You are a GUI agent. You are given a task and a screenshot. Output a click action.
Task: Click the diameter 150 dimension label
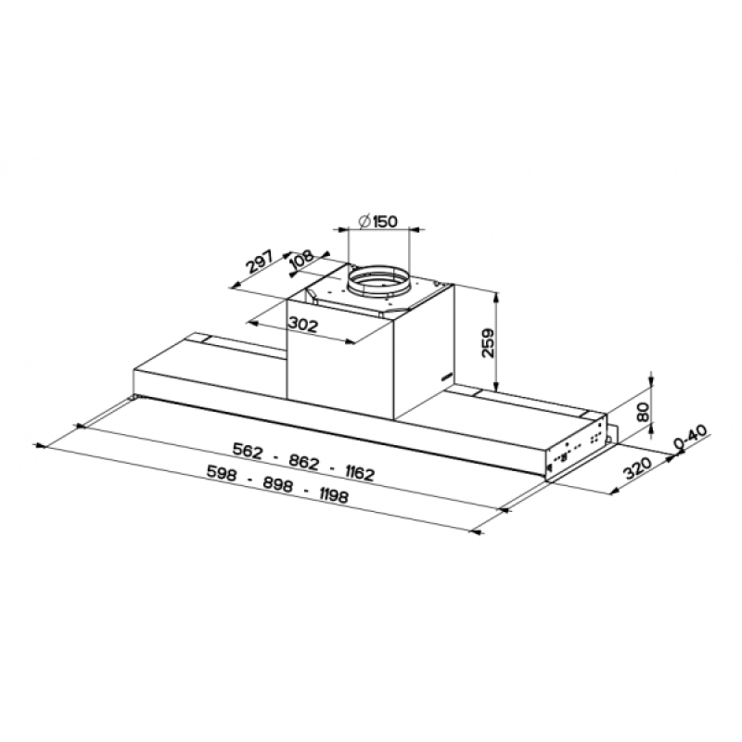pyautogui.click(x=377, y=222)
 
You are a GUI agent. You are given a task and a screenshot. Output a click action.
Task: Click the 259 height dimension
pyautogui.click(x=487, y=343)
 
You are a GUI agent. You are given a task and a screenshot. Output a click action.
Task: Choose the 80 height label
pyautogui.click(x=642, y=413)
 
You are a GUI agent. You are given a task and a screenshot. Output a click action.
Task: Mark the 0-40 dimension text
pyautogui.click(x=690, y=437)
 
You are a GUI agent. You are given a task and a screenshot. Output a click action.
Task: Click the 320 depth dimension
pyautogui.click(x=637, y=468)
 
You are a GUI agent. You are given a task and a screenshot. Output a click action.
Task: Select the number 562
pyautogui.click(x=248, y=451)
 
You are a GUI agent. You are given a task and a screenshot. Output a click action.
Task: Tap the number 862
pyautogui.click(x=304, y=462)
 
